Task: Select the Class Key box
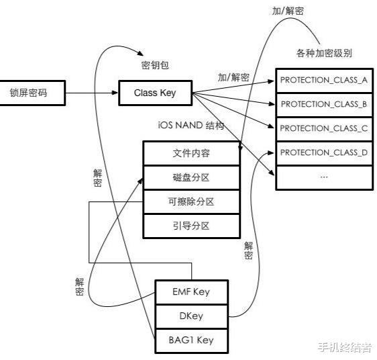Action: [x=155, y=93]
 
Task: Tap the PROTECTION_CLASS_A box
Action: [x=324, y=80]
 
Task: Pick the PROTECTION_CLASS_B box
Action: [x=324, y=104]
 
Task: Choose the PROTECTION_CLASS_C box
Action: [x=324, y=128]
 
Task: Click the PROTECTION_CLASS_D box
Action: [x=324, y=152]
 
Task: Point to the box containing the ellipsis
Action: [x=324, y=177]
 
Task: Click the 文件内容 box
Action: [x=192, y=153]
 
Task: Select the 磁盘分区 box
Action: [x=192, y=177]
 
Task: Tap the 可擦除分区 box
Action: [x=192, y=201]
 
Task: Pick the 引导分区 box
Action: [x=192, y=224]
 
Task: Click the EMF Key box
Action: [x=192, y=291]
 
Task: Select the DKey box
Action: [x=192, y=316]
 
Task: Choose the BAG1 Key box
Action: [x=192, y=340]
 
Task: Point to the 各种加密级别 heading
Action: [x=324, y=53]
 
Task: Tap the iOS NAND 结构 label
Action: [x=191, y=126]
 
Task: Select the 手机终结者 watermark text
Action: [x=345, y=347]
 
